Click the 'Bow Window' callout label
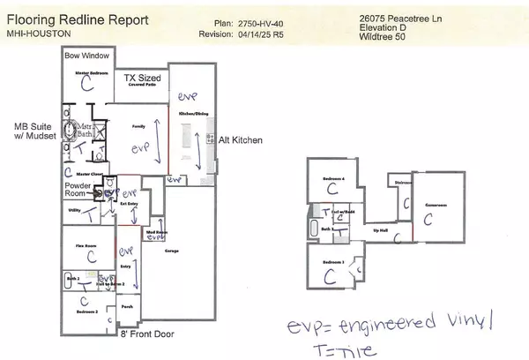(x=86, y=56)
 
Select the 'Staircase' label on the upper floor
(x=404, y=183)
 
